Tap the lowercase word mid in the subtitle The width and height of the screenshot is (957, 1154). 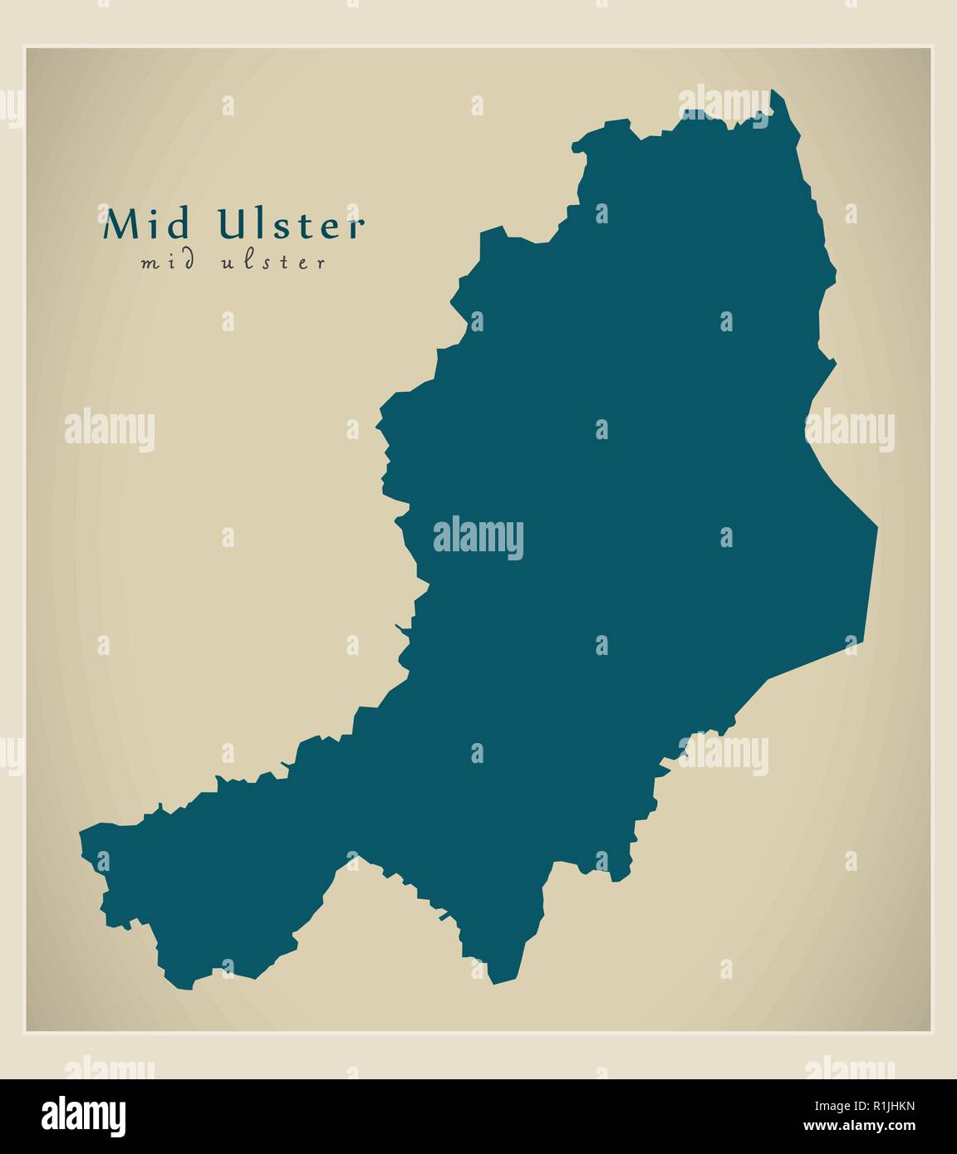pyautogui.click(x=169, y=262)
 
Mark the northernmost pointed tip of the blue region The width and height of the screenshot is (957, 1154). pyautogui.click(x=773, y=90)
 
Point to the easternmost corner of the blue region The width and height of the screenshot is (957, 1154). pyautogui.click(x=876, y=526)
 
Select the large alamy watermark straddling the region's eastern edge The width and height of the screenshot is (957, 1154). pyautogui.click(x=849, y=430)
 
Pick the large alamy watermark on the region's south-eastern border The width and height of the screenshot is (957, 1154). pyautogui.click(x=723, y=755)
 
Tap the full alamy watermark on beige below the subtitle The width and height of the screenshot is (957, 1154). pyautogui.click(x=110, y=430)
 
